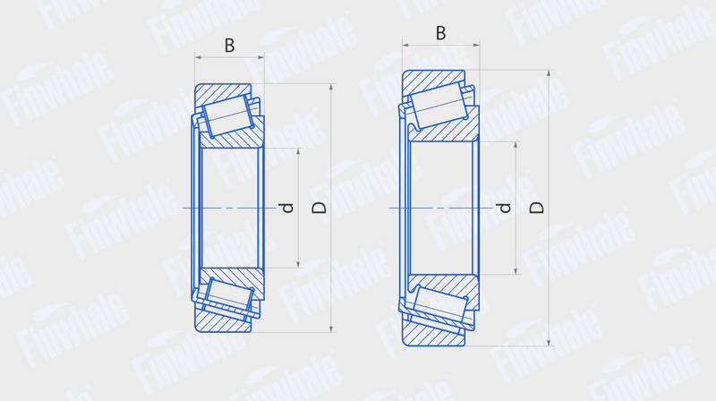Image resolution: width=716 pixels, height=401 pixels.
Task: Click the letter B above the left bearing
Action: tap(230, 46)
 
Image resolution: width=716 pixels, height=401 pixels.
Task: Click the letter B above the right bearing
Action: tap(440, 33)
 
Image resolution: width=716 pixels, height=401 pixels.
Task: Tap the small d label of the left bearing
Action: tap(287, 209)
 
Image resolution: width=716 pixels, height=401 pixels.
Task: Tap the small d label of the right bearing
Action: tap(505, 209)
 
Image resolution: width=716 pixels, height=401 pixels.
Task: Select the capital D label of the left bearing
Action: tap(320, 209)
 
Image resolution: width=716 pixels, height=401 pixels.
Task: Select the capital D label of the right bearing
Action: tap(536, 209)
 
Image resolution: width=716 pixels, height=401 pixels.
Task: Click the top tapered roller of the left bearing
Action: tap(228, 116)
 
